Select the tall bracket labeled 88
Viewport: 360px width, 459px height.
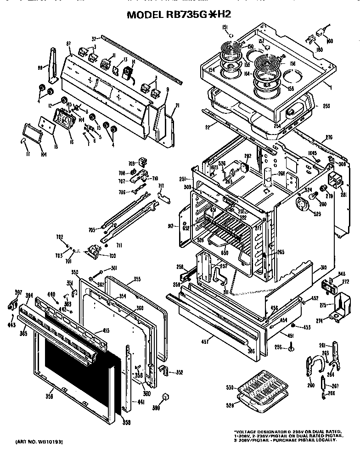[x=53, y=67]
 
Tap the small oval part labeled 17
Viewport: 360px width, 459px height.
[x=23, y=142]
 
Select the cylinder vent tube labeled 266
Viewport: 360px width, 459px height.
[x=268, y=177]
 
